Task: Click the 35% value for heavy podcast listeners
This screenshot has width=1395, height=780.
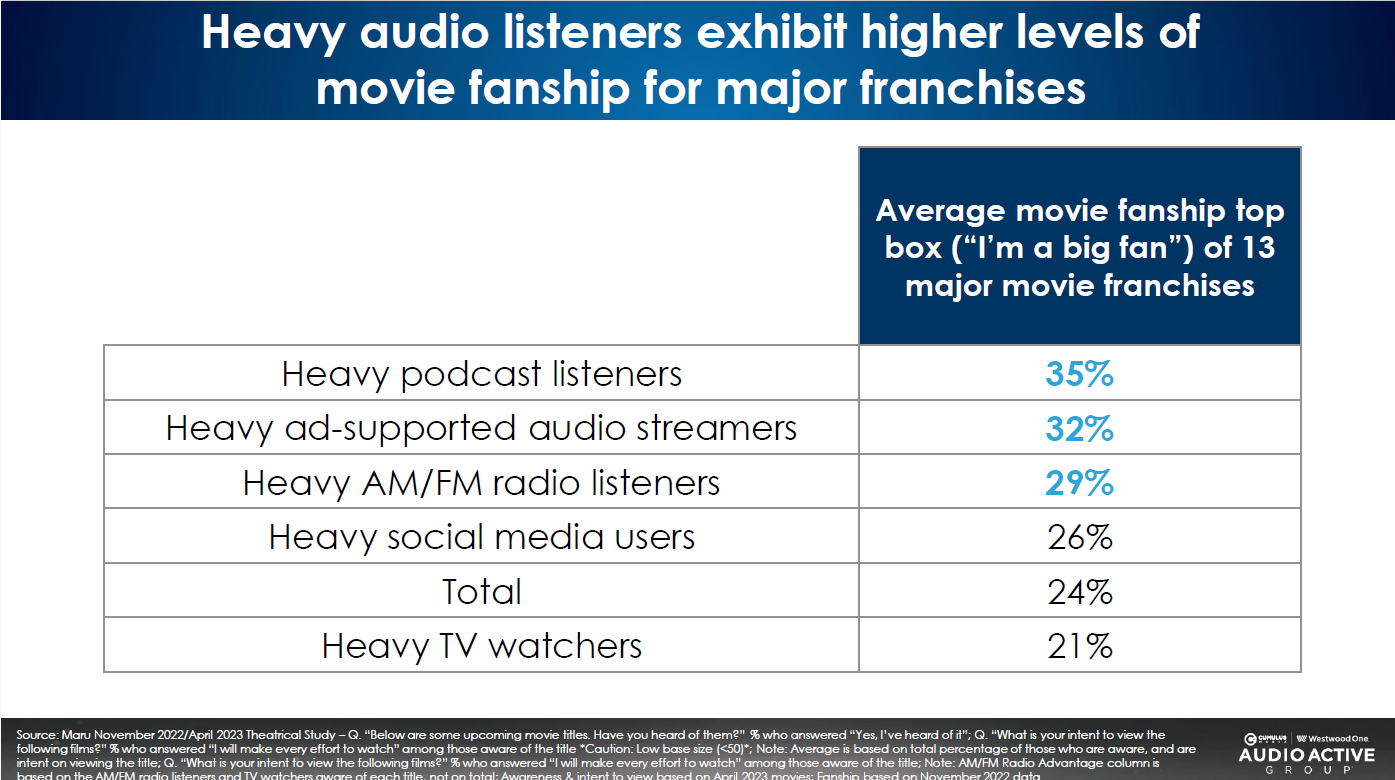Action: [1079, 375]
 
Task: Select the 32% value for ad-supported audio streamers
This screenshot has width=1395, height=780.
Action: [1079, 429]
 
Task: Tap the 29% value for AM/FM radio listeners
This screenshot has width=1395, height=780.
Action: [1079, 483]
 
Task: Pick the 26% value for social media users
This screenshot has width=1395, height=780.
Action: [1079, 537]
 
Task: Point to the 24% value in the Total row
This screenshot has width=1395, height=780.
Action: [1079, 591]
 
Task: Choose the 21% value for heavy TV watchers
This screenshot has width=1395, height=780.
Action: [1079, 645]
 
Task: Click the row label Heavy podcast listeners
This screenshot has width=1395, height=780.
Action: [481, 375]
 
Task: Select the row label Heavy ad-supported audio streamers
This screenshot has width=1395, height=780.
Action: [481, 429]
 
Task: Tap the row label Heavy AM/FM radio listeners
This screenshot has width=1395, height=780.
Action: [481, 483]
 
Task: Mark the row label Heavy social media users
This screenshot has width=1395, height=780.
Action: [481, 537]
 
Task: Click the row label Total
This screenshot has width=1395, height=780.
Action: [481, 591]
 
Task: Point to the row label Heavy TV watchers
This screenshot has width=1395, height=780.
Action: [481, 645]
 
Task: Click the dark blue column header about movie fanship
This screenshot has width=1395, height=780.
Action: [1079, 247]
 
